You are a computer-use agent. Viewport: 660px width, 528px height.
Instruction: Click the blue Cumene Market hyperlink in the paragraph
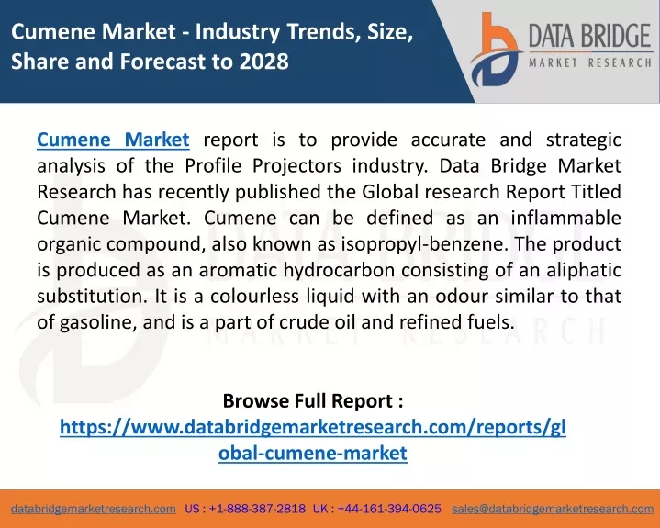pyautogui.click(x=113, y=140)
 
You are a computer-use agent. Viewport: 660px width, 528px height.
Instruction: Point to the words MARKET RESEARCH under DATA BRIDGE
pyautogui.click(x=590, y=63)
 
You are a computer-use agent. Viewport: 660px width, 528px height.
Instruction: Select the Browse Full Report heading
pyautogui.click(x=313, y=400)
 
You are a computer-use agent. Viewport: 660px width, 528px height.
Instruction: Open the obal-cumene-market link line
pyautogui.click(x=313, y=453)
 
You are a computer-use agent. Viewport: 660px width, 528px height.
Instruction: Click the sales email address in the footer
pyautogui.click(x=553, y=509)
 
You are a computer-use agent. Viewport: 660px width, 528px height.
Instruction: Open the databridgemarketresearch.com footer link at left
pyautogui.click(x=94, y=509)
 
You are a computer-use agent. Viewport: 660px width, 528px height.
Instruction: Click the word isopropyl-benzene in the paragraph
pyautogui.click(x=424, y=244)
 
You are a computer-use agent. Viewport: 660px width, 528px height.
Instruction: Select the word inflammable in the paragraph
pyautogui.click(x=566, y=219)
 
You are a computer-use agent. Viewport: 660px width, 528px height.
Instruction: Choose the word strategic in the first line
pyautogui.click(x=584, y=140)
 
